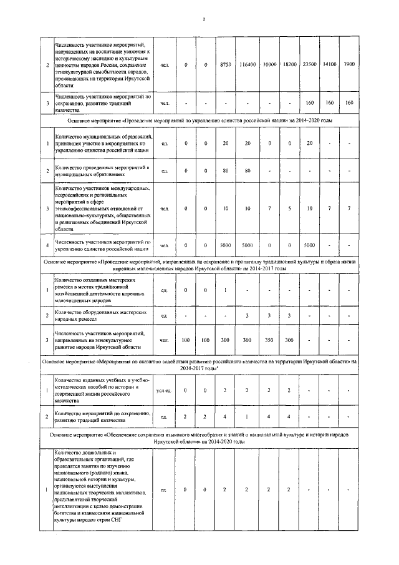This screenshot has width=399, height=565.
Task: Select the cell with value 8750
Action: [x=226, y=65]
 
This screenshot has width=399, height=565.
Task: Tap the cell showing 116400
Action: [x=248, y=65]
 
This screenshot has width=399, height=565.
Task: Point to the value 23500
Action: [x=309, y=65]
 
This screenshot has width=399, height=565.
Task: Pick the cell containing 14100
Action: [x=330, y=65]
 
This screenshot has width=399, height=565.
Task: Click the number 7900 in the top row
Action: [x=350, y=65]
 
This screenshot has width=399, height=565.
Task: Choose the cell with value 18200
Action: [x=289, y=65]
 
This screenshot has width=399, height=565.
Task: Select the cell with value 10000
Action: [x=269, y=65]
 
